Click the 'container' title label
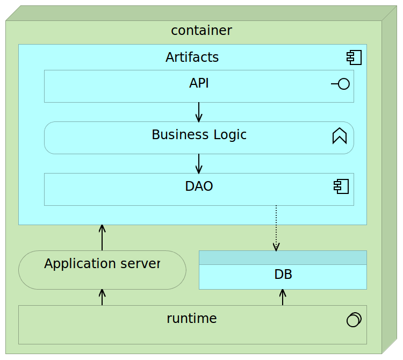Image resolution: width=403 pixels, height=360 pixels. coord(201,31)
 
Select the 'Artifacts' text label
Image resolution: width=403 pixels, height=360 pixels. coord(192,57)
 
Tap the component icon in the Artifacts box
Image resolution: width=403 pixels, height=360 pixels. coord(354,57)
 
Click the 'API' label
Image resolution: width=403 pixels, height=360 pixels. coord(199,83)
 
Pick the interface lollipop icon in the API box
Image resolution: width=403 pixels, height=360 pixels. coord(341,84)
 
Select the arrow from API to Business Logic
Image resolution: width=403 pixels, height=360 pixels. coord(199,112)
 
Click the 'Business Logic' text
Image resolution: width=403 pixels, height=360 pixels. coord(199,135)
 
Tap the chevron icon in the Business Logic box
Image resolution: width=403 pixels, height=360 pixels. coord(340,136)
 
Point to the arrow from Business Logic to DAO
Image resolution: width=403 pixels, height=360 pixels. coord(199,163)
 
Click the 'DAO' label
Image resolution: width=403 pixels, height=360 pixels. coord(199,186)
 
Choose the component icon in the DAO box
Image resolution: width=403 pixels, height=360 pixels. coord(341,187)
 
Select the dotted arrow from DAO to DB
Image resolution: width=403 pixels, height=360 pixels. coord(276,228)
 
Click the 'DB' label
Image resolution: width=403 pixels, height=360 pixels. coord(283,275)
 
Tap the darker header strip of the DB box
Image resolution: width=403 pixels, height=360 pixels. coord(283,257)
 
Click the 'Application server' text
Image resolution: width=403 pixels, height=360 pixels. coord(102,264)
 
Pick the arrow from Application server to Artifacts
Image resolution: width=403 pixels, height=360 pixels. coord(102,237)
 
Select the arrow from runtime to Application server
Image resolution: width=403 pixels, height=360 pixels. coord(102,297)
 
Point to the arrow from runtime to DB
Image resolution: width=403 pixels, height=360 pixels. coord(283,297)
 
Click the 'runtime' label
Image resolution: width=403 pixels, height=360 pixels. coord(192,319)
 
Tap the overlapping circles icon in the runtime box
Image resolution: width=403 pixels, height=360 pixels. coord(354,320)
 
